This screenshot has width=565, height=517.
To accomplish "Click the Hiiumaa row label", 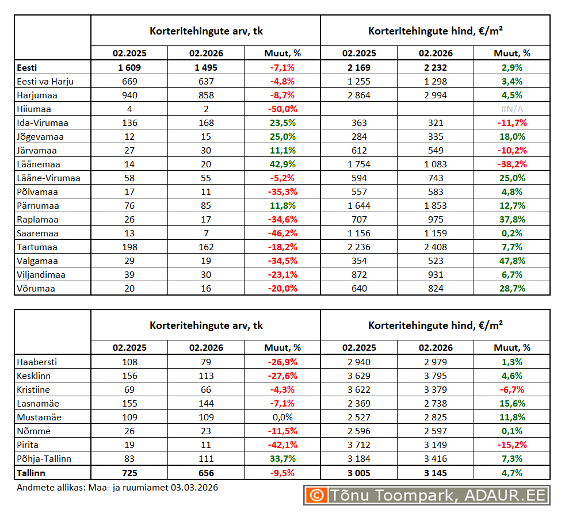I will [34, 109].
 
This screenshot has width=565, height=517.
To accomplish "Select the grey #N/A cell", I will [511, 109].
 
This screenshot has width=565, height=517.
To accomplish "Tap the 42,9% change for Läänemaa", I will [282, 164].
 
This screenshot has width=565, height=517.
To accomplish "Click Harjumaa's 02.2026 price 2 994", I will [435, 95].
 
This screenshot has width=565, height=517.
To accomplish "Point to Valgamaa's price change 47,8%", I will [511, 261].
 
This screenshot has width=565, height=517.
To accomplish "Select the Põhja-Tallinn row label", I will [45, 458].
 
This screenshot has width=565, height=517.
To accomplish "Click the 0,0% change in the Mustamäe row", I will [282, 417].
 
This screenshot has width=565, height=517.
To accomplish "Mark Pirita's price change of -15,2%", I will [511, 445].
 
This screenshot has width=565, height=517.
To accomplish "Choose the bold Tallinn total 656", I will [205, 473].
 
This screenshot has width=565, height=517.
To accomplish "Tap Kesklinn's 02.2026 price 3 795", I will [435, 376].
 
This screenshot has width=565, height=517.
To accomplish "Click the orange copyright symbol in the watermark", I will [315, 495].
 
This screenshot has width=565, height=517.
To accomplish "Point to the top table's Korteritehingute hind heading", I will [435, 30].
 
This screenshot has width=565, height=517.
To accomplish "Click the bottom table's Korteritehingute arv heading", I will [205, 325].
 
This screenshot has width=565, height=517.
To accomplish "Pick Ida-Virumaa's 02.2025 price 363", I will [358, 122].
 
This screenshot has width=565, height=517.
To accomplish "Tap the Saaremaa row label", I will [37, 233].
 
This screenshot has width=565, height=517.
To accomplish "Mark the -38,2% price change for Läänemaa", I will [511, 164].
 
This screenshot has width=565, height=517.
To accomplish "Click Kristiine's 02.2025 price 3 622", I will [358, 389].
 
